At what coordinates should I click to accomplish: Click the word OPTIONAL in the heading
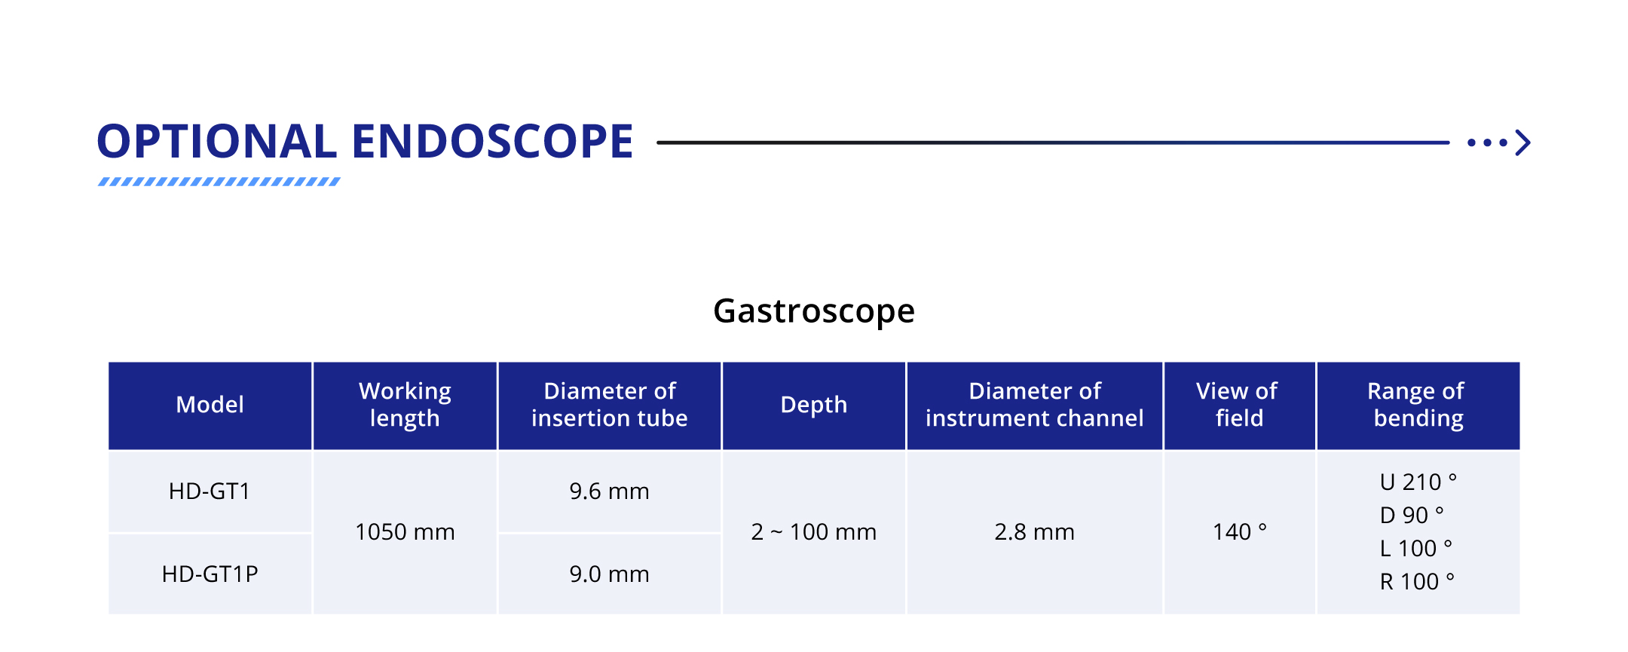point(217,141)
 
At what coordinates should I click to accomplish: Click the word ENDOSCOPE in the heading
point(492,141)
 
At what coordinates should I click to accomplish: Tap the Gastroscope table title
point(814,311)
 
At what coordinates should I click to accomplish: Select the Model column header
point(210,405)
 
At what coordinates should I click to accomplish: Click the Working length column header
point(405,405)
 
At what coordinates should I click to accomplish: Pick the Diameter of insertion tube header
point(609,405)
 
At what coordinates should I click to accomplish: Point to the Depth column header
point(814,406)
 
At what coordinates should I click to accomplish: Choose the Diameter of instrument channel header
point(1034,405)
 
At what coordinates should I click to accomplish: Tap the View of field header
point(1238,405)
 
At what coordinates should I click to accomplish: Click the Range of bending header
point(1417,405)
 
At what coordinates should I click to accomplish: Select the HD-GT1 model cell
point(210,491)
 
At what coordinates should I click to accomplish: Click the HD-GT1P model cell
point(210,574)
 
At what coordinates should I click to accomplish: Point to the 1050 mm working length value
point(405,532)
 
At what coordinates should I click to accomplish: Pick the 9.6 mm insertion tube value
point(609,491)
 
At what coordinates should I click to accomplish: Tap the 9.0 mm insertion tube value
point(609,574)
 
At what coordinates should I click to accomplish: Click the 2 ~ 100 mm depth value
point(814,532)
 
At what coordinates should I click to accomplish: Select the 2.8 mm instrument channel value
point(1034,532)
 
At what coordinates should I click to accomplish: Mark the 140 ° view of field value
point(1239,532)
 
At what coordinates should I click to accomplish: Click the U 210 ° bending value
point(1418,482)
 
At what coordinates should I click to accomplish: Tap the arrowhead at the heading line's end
point(1524,142)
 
